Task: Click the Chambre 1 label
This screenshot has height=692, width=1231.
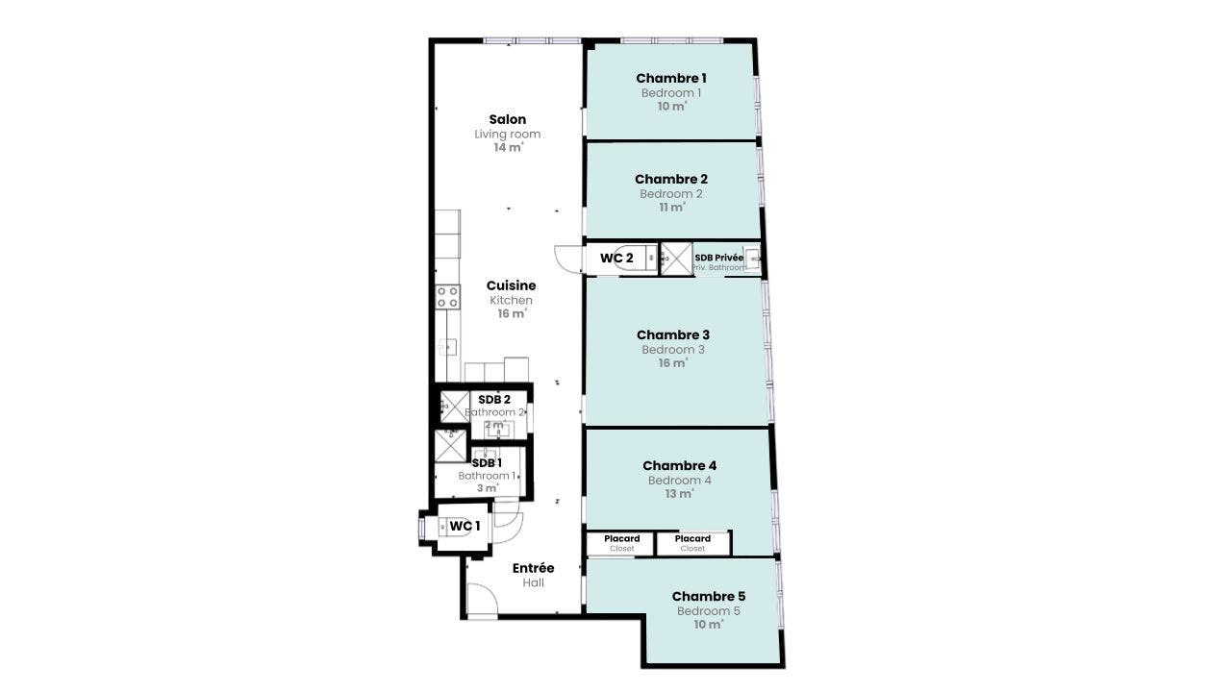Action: (x=671, y=79)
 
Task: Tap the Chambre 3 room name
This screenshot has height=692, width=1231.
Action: (x=672, y=335)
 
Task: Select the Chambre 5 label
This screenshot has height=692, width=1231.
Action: (x=709, y=597)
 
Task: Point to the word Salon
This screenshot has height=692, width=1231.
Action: (x=507, y=120)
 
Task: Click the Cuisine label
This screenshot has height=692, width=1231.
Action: (x=511, y=285)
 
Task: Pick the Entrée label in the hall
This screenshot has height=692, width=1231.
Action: (x=533, y=568)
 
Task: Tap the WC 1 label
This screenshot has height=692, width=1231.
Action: (x=465, y=526)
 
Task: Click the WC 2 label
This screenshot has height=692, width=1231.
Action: (x=616, y=259)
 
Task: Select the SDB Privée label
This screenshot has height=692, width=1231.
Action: (x=718, y=258)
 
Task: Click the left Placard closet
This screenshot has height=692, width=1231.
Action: (x=620, y=544)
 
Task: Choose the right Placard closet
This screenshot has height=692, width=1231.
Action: (x=693, y=544)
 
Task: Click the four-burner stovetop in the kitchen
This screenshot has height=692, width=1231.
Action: (x=448, y=297)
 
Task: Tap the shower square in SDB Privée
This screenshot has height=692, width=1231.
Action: (x=676, y=259)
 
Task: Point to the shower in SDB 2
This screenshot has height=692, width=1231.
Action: (x=455, y=407)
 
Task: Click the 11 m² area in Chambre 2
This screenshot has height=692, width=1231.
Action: (x=672, y=208)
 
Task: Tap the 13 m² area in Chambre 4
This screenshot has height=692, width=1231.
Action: (x=679, y=494)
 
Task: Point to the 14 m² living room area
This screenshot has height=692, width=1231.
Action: (x=509, y=148)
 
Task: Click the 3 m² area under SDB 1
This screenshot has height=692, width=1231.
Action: (x=488, y=488)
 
